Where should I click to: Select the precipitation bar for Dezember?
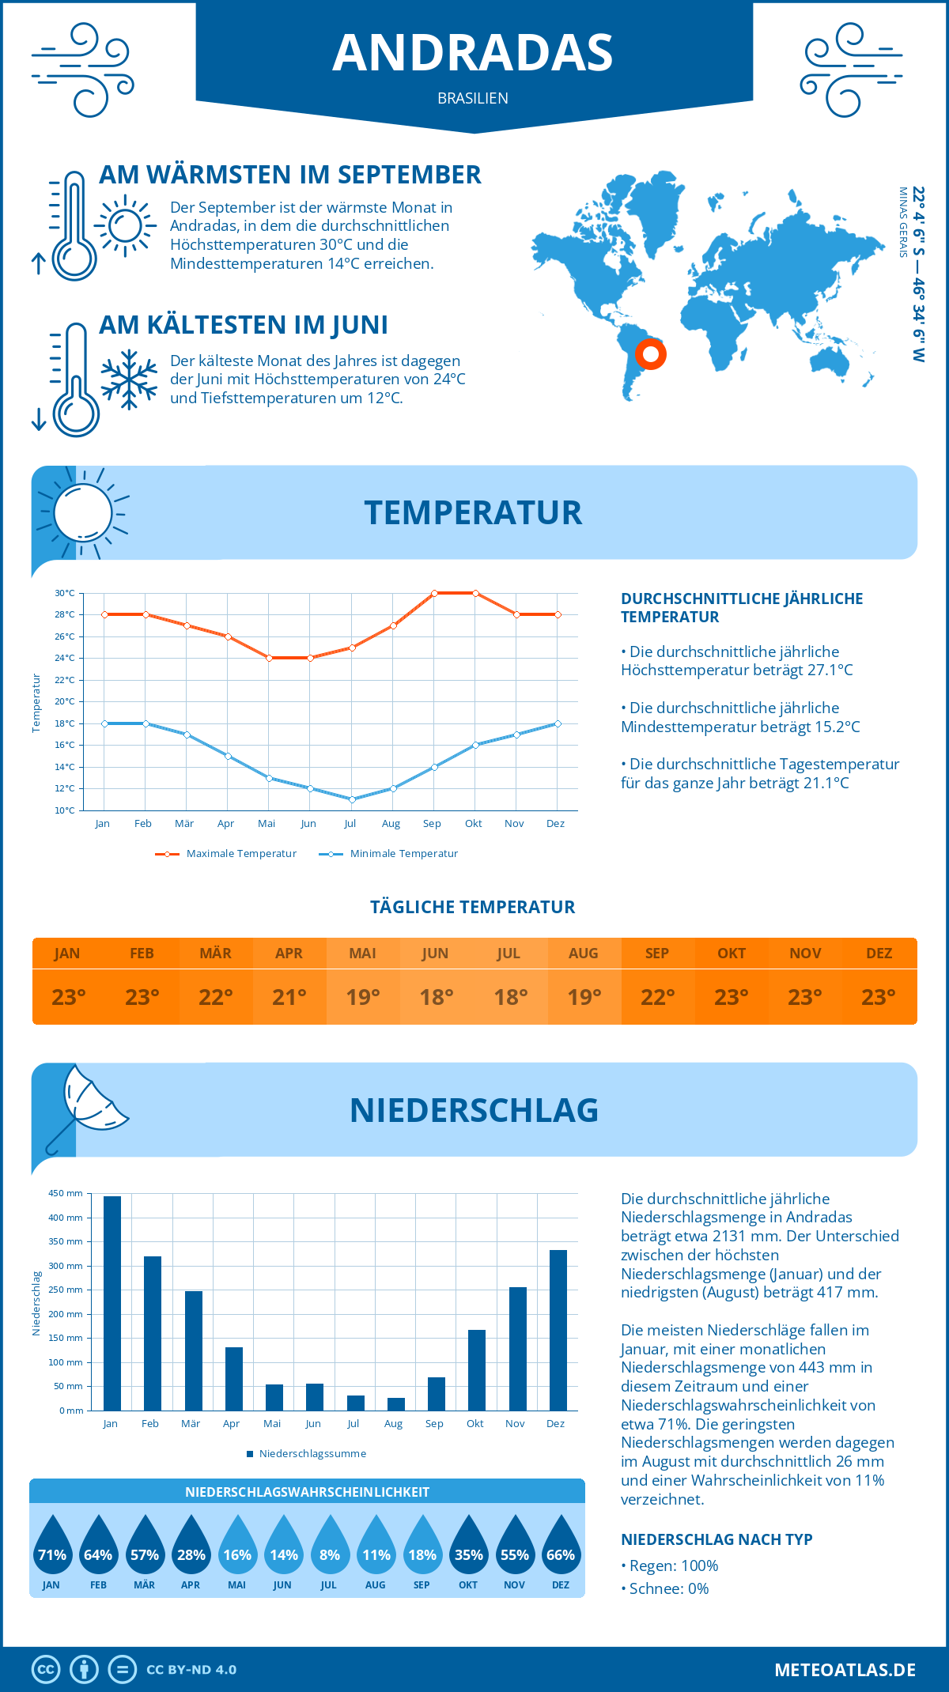tap(558, 1330)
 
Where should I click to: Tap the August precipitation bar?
tap(396, 1403)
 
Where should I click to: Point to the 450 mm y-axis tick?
tap(66, 1193)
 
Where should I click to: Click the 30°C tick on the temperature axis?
tap(65, 593)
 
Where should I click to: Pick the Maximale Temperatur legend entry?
tap(226, 854)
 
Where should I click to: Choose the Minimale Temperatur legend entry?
tap(389, 854)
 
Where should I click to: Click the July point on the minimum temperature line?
tap(352, 799)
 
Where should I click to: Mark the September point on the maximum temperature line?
tap(434, 593)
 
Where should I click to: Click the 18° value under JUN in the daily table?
tap(437, 997)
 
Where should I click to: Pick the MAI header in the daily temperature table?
tap(363, 954)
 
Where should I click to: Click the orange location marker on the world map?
tap(651, 353)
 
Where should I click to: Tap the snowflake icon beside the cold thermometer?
tap(129, 380)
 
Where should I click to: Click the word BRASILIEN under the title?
tap(473, 98)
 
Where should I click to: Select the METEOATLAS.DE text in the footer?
tap(845, 1670)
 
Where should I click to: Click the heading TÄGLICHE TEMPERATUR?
tap(473, 907)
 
